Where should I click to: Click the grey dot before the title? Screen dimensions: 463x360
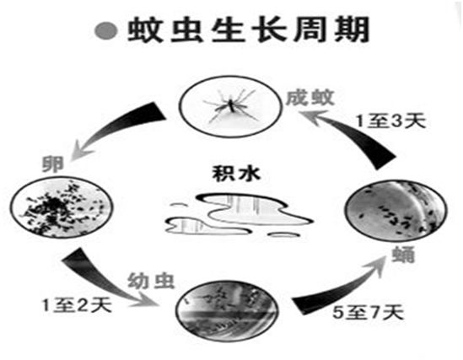[106, 30]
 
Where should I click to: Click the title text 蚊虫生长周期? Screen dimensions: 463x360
[249, 30]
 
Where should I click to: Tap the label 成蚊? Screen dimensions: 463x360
[310, 98]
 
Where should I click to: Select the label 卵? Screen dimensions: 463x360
[53, 164]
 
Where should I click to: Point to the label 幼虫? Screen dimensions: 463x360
[151, 280]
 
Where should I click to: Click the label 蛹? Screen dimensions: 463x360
[403, 254]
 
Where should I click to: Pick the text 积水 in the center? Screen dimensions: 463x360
[236, 173]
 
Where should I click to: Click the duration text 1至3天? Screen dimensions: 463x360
[391, 121]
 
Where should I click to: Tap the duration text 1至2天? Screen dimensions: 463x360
[77, 304]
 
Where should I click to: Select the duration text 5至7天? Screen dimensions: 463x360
[368, 312]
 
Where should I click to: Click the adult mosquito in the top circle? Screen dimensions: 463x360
[232, 106]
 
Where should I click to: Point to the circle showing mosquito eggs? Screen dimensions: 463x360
[62, 207]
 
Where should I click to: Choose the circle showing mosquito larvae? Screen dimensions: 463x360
[227, 311]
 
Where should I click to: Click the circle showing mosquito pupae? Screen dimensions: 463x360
[396, 210]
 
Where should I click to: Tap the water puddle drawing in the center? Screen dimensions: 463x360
[240, 216]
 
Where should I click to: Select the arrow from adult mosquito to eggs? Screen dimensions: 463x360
[118, 126]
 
